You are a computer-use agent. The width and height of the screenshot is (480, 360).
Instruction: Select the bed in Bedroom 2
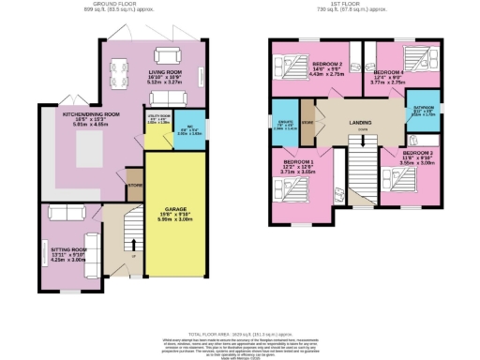coord(292,68)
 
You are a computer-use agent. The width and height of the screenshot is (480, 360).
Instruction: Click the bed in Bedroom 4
coord(413,58)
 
